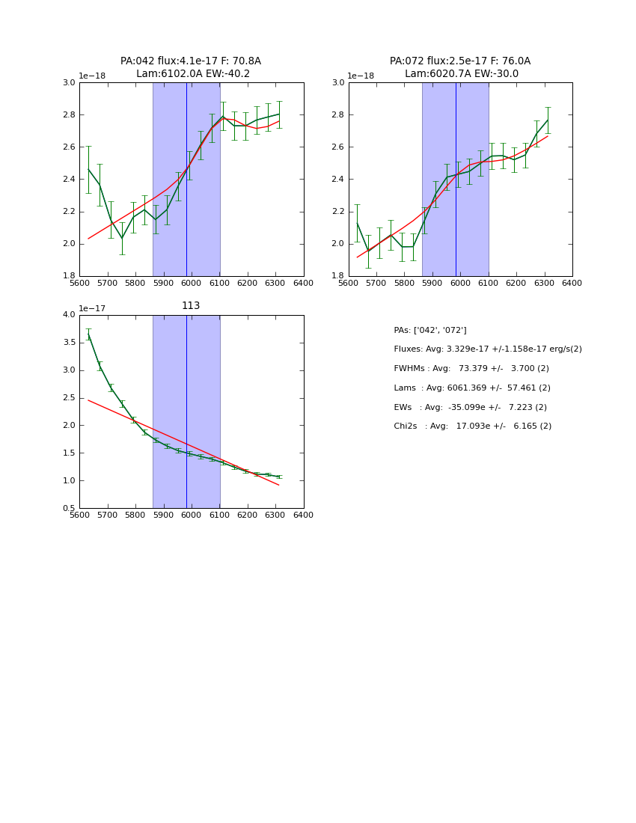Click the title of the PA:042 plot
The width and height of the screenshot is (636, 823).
pyautogui.click(x=191, y=67)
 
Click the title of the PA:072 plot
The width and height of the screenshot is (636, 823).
pyautogui.click(x=460, y=67)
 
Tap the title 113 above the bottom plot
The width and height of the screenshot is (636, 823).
pyautogui.click(x=191, y=306)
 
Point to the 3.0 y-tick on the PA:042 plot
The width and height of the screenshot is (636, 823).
pyautogui.click(x=69, y=83)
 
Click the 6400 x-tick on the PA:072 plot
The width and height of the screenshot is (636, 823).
pyautogui.click(x=572, y=283)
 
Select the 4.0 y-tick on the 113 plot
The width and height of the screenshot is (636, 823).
pyautogui.click(x=69, y=315)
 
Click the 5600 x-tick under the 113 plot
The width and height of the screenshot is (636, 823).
pyautogui.click(x=79, y=515)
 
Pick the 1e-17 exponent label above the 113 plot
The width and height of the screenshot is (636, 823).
pyautogui.click(x=92, y=308)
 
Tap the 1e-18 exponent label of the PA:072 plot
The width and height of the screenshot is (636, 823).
pyautogui.click(x=361, y=76)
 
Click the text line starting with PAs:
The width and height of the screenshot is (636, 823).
pyautogui.click(x=430, y=330)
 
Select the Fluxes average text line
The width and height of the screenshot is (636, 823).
pyautogui.click(x=488, y=349)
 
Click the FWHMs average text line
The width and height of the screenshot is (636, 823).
pyautogui.click(x=471, y=369)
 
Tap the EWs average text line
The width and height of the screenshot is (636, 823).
pyautogui.click(x=471, y=408)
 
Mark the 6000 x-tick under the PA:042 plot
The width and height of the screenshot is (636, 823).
pyautogui.click(x=191, y=283)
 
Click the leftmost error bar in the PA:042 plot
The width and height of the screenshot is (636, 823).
pyautogui.click(x=88, y=169)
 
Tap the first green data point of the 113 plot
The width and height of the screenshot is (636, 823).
pyautogui.click(x=88, y=334)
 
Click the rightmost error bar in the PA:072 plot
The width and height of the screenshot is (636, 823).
pyautogui.click(x=547, y=120)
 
